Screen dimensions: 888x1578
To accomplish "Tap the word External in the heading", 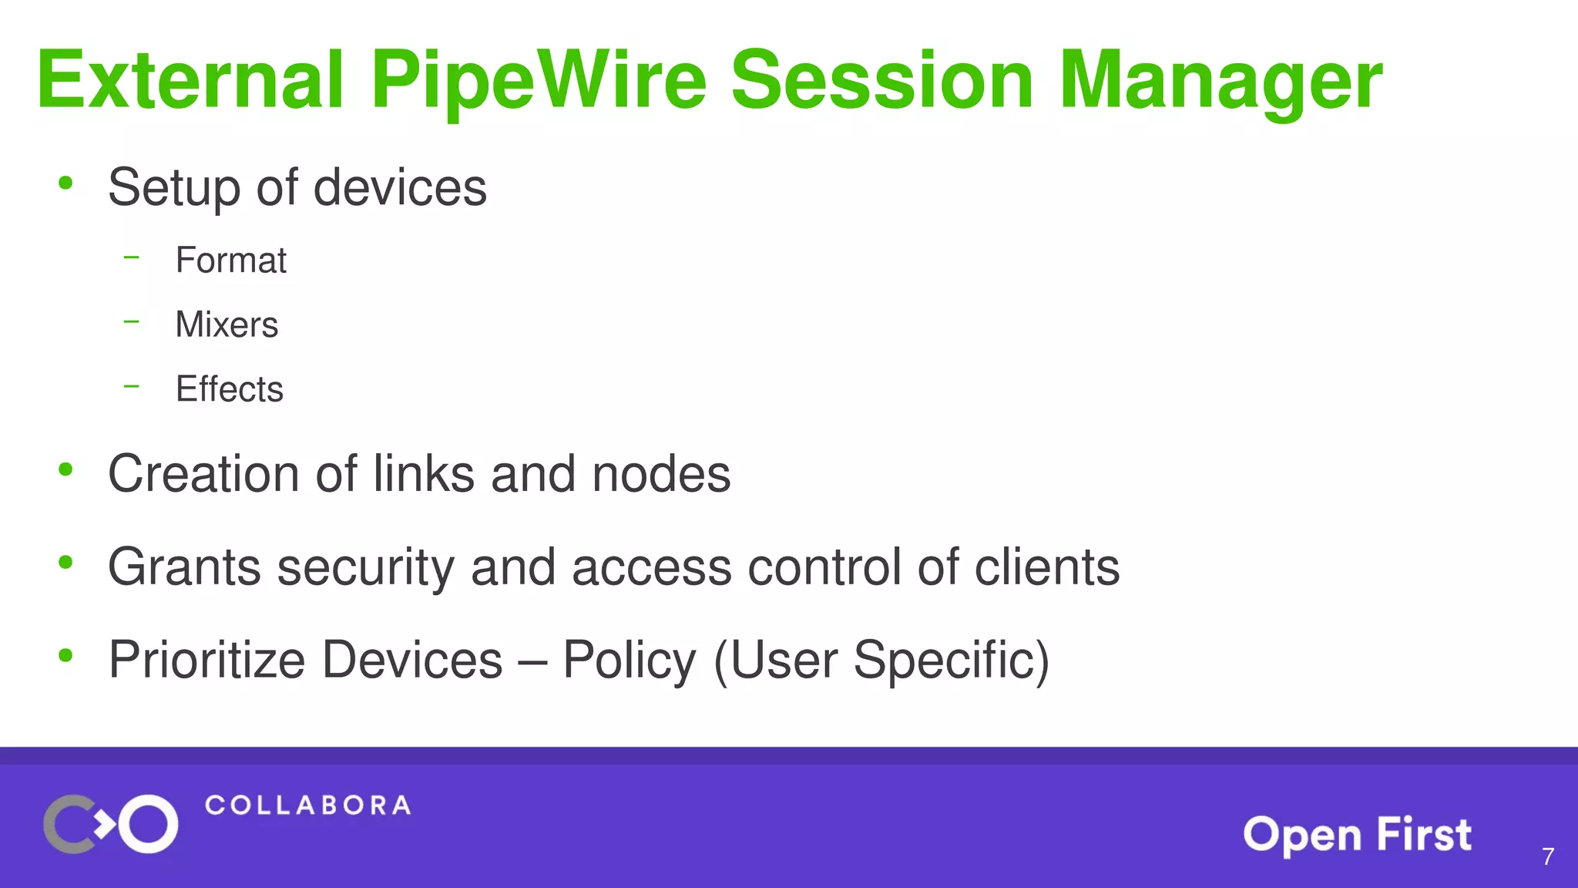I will coord(190,80).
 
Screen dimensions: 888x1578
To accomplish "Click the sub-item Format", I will coord(230,261).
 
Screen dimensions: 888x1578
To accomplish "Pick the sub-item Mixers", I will coord(227,325).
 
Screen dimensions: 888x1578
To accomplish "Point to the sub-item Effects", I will coord(229,389).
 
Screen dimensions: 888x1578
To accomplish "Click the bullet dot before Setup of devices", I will coord(65,183).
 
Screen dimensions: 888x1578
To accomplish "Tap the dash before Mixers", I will coord(132,321).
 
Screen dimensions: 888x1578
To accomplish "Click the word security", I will coord(366,568).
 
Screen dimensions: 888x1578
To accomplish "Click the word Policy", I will coord(629,661).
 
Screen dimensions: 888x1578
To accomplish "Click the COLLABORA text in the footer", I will coord(307,806).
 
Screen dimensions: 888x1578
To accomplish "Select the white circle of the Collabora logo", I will coord(148,824).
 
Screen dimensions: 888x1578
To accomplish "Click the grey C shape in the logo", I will coord(63,824).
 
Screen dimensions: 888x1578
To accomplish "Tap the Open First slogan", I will coord(1357,835).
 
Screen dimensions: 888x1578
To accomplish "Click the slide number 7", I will coord(1547,856).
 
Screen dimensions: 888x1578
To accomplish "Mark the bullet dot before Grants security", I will coord(65,563).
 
